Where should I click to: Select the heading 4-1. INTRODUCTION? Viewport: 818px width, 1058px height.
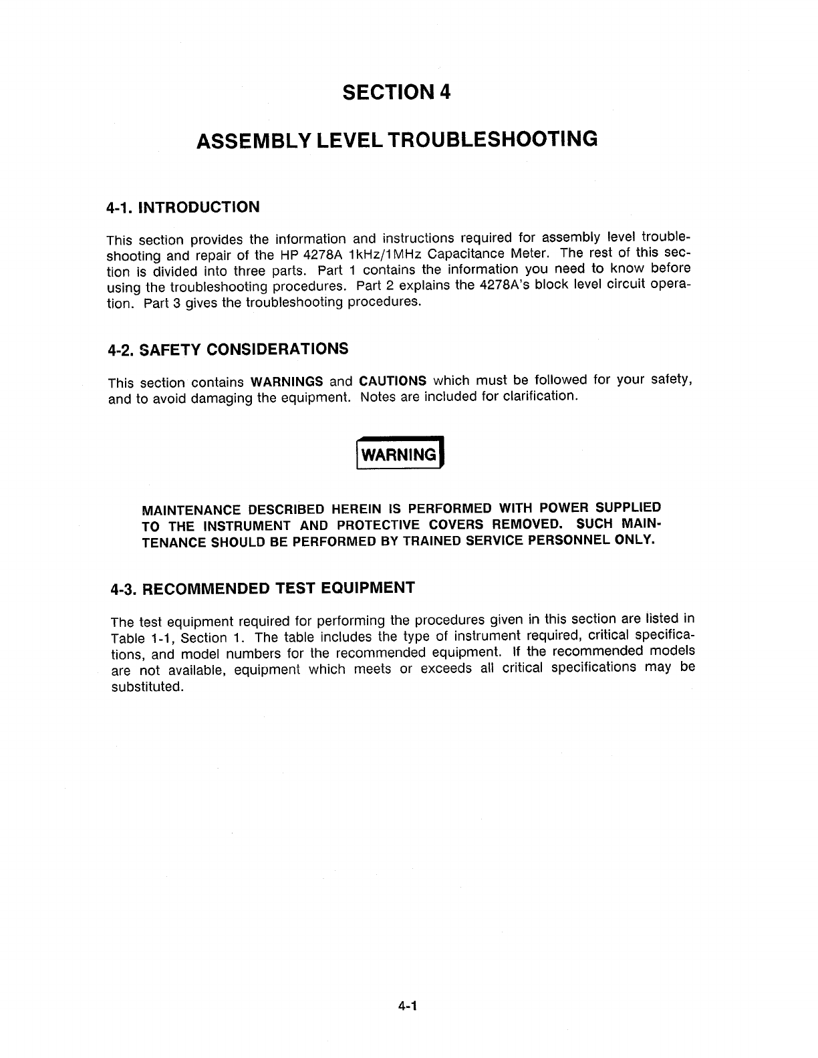click(183, 207)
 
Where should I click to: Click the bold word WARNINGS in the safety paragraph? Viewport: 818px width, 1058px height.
click(287, 382)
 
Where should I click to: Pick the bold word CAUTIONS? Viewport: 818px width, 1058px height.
click(393, 381)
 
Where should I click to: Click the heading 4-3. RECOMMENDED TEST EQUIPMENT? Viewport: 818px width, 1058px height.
click(263, 589)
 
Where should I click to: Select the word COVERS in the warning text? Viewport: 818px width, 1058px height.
click(456, 524)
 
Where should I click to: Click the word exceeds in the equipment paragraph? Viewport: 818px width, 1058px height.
click(446, 668)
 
